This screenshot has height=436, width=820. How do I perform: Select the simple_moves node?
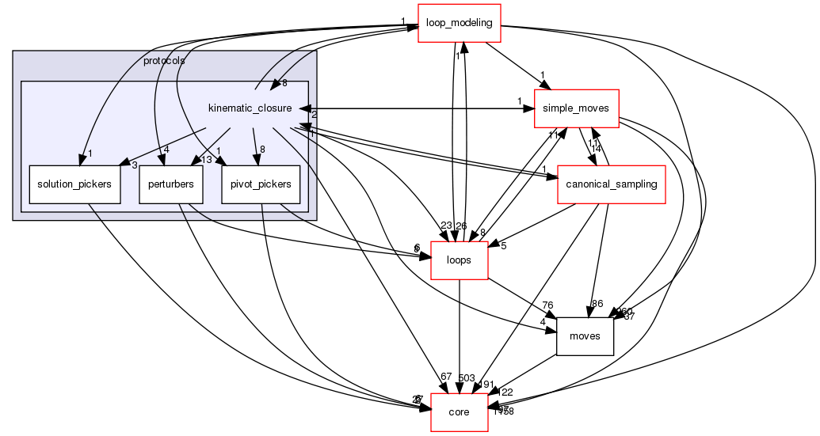coord(576,108)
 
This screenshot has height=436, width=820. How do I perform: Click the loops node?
coord(459,260)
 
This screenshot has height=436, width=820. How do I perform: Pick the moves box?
coord(585,336)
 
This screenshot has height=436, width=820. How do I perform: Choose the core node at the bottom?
coord(459,412)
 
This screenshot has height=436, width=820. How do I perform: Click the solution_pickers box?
coord(74,184)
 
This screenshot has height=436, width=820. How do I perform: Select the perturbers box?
coord(171,184)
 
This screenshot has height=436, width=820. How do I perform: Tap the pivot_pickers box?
coord(261,184)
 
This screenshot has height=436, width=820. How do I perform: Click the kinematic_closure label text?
coord(250,108)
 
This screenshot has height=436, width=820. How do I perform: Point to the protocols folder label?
coord(164,61)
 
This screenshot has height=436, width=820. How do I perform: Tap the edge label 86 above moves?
coord(597,303)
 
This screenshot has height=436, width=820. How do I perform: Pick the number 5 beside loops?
coord(502,245)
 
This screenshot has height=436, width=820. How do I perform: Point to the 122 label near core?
coord(505,392)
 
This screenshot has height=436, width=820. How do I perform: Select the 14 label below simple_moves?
coord(596,148)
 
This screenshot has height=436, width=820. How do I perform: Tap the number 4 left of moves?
coord(543,321)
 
